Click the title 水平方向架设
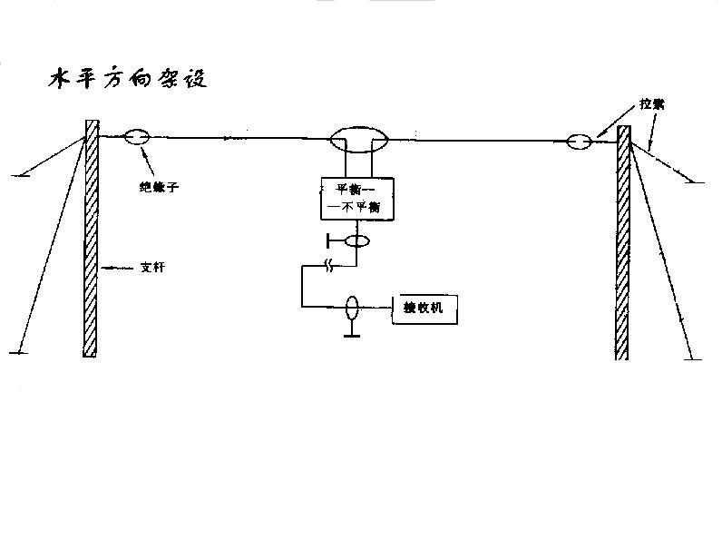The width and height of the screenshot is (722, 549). pyautogui.click(x=128, y=78)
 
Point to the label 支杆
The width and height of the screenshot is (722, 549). pyautogui.click(x=153, y=268)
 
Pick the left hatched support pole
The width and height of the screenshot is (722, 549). pyautogui.click(x=90, y=238)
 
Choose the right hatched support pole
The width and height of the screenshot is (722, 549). pyautogui.click(x=623, y=242)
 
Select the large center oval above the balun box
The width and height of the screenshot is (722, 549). pyautogui.click(x=359, y=141)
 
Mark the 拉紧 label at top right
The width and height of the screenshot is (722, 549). pyautogui.click(x=650, y=105)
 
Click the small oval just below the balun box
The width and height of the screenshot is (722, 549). pyautogui.click(x=357, y=241)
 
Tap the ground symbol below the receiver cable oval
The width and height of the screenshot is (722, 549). pyautogui.click(x=349, y=334)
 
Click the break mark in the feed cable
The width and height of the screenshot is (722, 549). pyautogui.click(x=331, y=266)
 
